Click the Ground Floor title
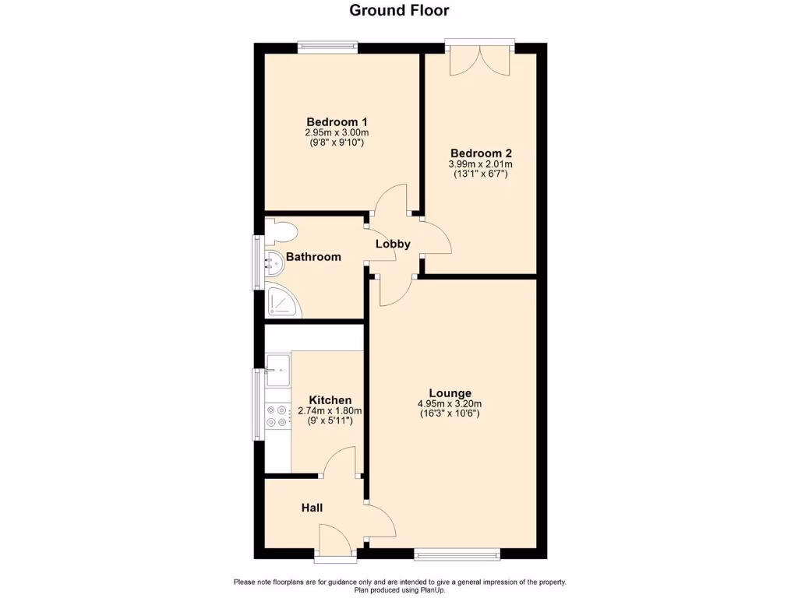tap(399, 10)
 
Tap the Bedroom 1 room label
tap(337, 122)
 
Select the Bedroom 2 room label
tap(480, 153)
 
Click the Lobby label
tap(393, 244)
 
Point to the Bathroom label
tap(313, 257)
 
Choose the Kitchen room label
tap(330, 400)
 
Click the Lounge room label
tap(450, 393)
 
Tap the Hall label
tap(312, 508)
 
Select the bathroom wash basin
tap(275, 263)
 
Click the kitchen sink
tap(277, 370)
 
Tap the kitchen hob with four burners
tap(277, 415)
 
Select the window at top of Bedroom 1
tap(327, 47)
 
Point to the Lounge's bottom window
tap(457, 554)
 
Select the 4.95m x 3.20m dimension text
tap(450, 404)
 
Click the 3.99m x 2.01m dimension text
tap(480, 164)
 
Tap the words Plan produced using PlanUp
tap(399, 590)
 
